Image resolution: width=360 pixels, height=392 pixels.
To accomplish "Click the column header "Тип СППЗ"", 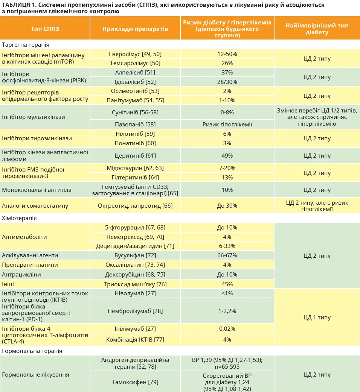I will point(45,29).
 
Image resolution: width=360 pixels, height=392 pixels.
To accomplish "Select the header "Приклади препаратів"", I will point(135,29).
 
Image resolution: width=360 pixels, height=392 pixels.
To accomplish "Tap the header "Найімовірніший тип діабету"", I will point(317,29).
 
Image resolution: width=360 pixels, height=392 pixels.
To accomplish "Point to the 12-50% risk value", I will point(227,54).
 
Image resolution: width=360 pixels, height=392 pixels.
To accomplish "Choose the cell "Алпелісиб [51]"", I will point(135,72).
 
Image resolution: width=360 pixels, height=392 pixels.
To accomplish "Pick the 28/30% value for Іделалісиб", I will point(227,82).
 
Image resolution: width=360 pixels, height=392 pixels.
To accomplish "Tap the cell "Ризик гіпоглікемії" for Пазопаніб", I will point(227,124).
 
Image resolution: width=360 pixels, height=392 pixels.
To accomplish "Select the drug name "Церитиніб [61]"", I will point(135,155).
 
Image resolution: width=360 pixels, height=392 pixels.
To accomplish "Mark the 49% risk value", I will point(227,155).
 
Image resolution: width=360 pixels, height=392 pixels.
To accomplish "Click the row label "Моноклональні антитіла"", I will point(37,190).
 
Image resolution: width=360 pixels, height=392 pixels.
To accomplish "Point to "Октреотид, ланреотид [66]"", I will point(135,205).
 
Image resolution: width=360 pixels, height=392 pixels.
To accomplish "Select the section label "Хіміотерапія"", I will point(19,218).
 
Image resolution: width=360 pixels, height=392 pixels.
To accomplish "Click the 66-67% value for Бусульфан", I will point(227,255).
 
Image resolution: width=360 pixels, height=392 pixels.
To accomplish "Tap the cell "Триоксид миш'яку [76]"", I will point(135,284).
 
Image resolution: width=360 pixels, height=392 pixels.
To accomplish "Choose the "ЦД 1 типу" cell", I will point(317,317).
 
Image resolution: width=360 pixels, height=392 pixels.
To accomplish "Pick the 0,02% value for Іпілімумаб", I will point(227,328).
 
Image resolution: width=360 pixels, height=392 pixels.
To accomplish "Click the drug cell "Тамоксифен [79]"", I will point(135,382).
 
